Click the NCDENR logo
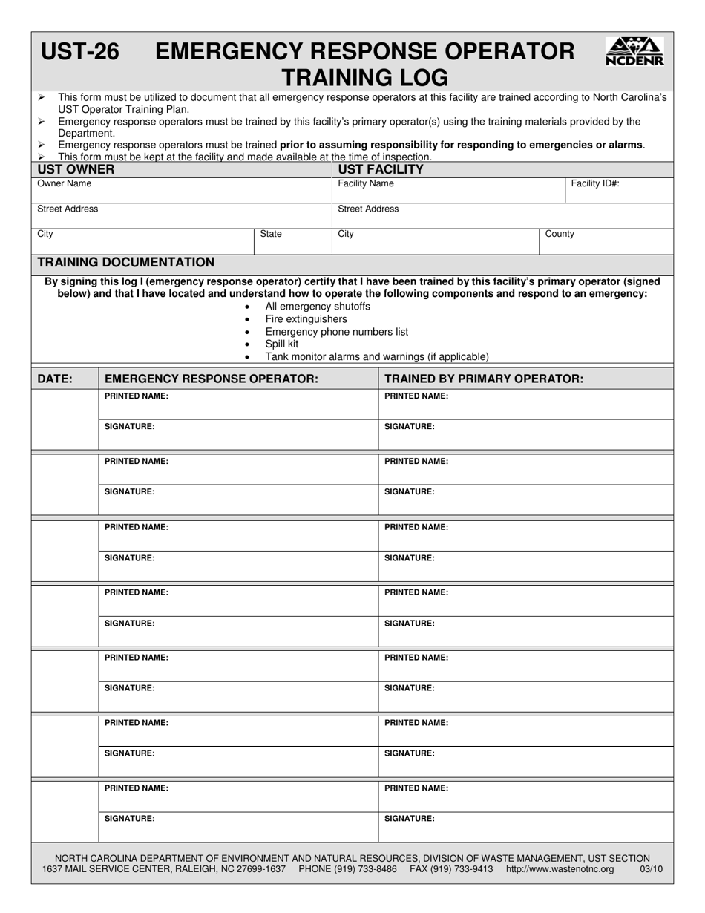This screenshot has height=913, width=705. tap(634, 52)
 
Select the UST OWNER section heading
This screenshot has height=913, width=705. tap(76, 169)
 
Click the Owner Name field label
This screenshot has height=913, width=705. tap(65, 183)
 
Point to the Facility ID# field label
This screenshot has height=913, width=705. tap(594, 183)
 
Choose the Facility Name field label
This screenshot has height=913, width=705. tap(366, 183)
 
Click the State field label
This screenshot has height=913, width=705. tap(271, 234)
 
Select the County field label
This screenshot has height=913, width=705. tap(560, 234)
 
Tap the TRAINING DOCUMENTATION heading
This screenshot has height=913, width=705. tap(126, 262)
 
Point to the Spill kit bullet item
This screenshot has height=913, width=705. tap(282, 344)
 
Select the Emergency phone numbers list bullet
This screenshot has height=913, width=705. tap(336, 332)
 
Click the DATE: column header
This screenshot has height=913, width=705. tap(55, 379)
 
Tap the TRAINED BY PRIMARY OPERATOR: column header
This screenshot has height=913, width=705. tap(484, 379)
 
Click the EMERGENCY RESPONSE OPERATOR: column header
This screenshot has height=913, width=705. tap(211, 379)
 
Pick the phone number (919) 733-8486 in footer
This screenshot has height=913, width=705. tap(364, 869)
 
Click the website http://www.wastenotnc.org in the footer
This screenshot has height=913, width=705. tap(560, 869)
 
